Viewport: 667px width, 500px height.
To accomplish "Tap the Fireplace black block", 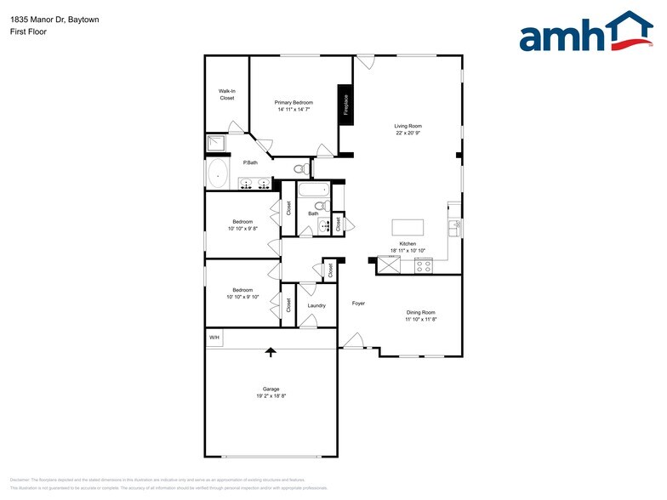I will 345,105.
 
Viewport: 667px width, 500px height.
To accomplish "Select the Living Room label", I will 408,126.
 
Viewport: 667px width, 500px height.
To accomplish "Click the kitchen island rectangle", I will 408,228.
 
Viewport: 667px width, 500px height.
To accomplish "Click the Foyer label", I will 358,303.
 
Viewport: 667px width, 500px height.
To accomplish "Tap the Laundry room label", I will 316,305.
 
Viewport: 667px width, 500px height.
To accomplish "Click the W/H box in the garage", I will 214,338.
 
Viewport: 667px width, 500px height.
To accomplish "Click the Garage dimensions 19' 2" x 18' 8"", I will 271,396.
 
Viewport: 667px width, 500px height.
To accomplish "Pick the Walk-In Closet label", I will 226,94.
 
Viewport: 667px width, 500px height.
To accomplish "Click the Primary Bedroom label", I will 294,103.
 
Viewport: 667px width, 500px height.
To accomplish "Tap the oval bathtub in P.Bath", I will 218,173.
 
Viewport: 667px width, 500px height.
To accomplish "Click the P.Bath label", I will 250,162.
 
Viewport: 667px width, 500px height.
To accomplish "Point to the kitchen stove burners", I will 424,265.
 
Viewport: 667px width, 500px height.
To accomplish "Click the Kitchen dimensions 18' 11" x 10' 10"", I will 408,250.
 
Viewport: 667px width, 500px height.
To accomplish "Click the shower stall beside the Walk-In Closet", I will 215,144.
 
